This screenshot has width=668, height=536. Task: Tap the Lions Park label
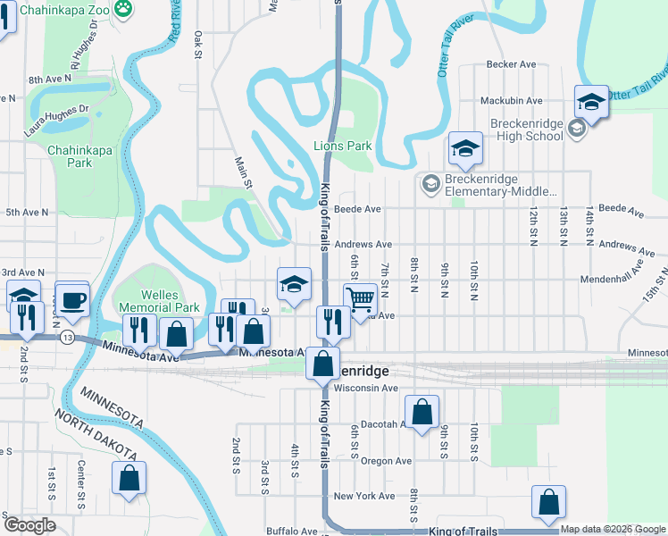(342, 146)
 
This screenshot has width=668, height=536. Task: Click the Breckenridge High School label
(526, 130)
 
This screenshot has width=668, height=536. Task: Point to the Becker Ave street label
(511, 64)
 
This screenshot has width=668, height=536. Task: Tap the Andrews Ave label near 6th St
(363, 244)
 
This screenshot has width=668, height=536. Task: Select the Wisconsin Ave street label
(364, 389)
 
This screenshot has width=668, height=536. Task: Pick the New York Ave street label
(363, 496)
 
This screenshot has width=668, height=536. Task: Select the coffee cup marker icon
(71, 299)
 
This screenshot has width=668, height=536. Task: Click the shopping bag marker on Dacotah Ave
(423, 412)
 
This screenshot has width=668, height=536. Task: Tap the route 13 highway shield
(67, 338)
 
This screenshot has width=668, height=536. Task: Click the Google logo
(29, 525)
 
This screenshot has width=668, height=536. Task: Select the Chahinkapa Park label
(80, 156)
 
